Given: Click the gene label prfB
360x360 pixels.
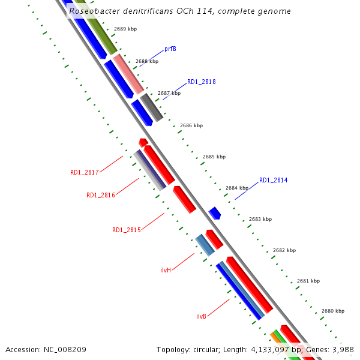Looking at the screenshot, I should [170, 49].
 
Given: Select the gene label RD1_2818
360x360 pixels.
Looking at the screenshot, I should [202, 82].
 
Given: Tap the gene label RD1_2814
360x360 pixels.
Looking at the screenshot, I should [274, 180].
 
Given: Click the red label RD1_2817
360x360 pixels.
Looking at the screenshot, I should [84, 173].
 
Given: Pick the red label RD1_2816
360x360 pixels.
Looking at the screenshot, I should [100, 195].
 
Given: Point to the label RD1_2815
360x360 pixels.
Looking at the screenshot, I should [126, 230].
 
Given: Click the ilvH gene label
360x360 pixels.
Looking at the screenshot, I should [166, 270].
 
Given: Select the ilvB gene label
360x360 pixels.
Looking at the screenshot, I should [202, 316].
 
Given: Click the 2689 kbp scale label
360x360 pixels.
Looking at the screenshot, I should [125, 29].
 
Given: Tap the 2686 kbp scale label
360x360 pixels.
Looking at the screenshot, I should [191, 125].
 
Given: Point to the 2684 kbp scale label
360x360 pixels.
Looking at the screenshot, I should [237, 188].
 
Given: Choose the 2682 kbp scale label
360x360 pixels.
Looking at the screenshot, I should [284, 250].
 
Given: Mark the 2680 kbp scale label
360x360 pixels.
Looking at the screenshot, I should [332, 311].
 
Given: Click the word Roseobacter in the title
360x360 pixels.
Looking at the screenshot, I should [94, 11].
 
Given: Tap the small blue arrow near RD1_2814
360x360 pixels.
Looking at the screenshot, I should [215, 213].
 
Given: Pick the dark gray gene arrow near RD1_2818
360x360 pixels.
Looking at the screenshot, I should [151, 107].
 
